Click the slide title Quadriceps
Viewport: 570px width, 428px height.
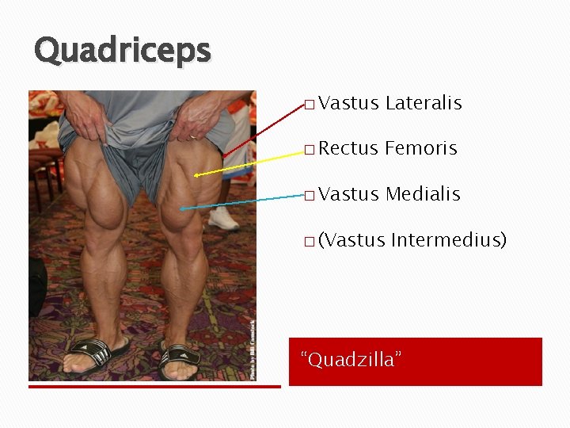123,51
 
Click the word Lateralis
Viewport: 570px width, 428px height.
424,103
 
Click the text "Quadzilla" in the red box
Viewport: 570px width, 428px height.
351,360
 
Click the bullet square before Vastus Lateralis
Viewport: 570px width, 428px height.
309,104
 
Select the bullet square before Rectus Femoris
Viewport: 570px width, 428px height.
309,149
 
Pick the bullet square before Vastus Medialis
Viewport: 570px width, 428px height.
309,195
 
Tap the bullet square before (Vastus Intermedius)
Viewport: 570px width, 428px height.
309,240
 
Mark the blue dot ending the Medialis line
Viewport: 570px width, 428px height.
181,208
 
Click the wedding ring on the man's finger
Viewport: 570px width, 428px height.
192,137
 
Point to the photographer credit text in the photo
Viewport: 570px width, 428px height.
253,349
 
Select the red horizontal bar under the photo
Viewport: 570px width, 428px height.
154,387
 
